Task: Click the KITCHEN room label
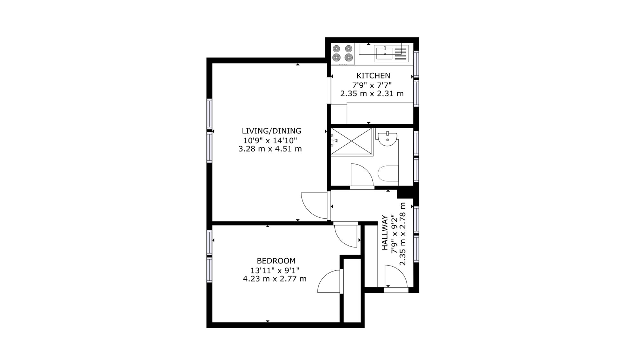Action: click(373, 76)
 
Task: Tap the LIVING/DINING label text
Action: click(271, 131)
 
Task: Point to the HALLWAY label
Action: click(385, 233)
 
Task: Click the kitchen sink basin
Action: click(384, 53)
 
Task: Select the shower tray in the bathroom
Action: click(352, 141)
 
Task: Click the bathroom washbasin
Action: click(388, 140)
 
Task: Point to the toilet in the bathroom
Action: click(388, 174)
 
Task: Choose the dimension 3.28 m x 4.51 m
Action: click(270, 149)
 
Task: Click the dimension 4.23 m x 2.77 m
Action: click(275, 279)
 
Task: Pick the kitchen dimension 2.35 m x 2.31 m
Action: click(372, 94)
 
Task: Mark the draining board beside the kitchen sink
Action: click(401, 53)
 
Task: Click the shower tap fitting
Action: click(334, 140)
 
